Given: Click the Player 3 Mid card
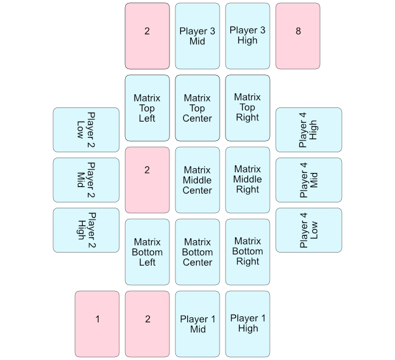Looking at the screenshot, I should [197, 36].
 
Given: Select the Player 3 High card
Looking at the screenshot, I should [248, 36].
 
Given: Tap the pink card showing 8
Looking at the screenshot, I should [298, 36].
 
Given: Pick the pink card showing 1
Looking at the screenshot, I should [97, 324].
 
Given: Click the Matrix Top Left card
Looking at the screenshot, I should [147, 108].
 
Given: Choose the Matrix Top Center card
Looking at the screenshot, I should [197, 108].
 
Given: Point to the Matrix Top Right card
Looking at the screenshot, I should [248, 108].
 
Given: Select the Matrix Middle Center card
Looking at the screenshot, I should [197, 180].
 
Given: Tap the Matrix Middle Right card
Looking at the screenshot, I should [248, 180].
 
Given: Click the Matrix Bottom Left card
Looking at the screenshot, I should [147, 252].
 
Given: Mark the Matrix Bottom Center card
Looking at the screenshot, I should [197, 252].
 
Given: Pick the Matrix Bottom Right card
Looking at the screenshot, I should [248, 252].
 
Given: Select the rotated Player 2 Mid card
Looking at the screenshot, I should [86, 180].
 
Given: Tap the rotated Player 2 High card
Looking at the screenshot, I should [86, 230].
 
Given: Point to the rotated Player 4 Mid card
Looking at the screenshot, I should [309, 180].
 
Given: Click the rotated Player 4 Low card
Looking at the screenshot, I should [309, 230].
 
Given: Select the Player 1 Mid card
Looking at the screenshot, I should [197, 324].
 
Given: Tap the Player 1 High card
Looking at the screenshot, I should [248, 324].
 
